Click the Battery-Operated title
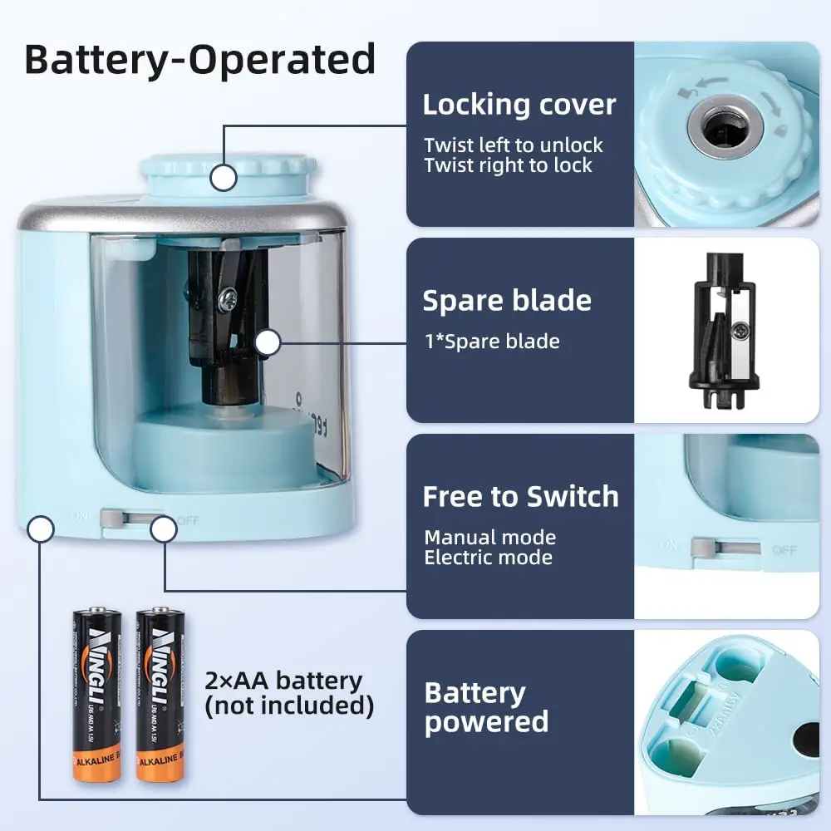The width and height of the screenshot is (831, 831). click(199, 60)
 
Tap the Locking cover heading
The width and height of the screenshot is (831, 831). click(519, 106)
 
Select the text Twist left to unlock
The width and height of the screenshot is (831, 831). click(513, 145)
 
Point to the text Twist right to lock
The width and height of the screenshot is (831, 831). click(508, 165)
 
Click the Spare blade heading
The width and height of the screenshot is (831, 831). click(507, 301)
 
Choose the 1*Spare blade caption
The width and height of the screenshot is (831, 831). click(491, 342)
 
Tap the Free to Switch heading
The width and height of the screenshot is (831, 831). click(520, 497)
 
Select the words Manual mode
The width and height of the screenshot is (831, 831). click(489, 538)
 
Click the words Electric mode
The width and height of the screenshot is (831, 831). click(488, 558)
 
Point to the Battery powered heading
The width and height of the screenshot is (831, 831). click(486, 707)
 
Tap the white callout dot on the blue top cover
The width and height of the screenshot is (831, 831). click(222, 177)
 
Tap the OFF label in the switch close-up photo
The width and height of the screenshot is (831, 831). click(784, 550)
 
